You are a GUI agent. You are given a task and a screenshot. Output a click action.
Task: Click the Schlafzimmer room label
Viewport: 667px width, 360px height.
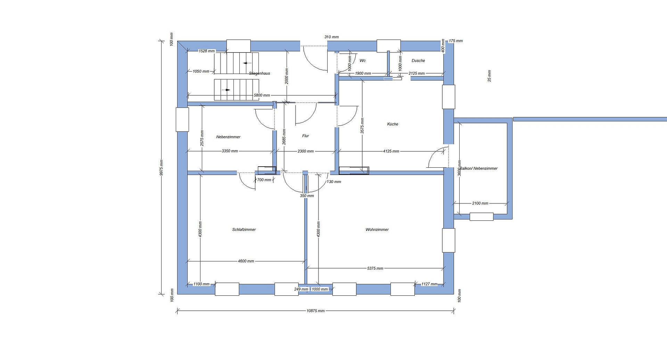pos(244,229)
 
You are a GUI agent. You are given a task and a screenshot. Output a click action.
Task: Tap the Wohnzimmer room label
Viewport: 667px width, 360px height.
pos(377,229)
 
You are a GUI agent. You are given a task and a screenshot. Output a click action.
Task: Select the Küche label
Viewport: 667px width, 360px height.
pos(393,124)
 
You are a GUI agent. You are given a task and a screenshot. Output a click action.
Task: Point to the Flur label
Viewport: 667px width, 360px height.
pos(305,136)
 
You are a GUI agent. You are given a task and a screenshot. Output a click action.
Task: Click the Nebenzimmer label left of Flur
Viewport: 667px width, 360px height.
pos(228,137)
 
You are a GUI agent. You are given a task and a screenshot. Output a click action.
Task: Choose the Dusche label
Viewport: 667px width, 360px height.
pos(418,60)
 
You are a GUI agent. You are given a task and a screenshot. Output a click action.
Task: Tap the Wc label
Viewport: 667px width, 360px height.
pos(362,60)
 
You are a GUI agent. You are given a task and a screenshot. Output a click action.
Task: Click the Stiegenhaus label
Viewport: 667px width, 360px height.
pos(260,73)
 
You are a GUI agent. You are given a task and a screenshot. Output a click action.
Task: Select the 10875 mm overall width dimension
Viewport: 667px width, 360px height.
pos(315,311)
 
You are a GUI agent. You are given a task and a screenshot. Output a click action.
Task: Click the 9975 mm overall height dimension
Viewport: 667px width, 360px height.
pos(161,168)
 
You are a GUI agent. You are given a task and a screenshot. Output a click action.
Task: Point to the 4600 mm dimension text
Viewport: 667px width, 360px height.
pos(246,261)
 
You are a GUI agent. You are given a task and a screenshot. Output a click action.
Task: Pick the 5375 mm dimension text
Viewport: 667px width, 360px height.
pos(375,268)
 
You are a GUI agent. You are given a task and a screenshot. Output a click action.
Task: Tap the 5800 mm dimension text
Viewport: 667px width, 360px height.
pos(262,95)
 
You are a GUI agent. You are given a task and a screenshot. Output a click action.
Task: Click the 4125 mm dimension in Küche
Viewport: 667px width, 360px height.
pos(391,151)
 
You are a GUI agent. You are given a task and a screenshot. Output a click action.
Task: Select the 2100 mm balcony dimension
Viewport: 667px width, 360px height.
pos(480,203)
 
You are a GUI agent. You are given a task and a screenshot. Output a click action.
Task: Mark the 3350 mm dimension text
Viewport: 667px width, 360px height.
pos(230,151)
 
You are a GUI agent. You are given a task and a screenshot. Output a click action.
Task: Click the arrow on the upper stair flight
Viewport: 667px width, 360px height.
pos(247,63)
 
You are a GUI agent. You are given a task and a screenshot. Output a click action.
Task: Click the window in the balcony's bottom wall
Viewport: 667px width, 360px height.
pos(481,217)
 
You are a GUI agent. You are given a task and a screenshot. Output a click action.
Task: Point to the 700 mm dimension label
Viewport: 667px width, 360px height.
pos(264,180)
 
